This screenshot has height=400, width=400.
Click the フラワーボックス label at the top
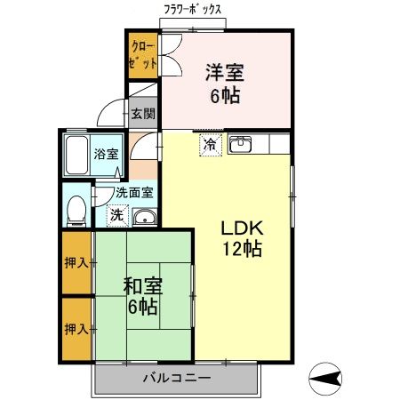coord(191,10)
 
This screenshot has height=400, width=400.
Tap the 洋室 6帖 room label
coord(225,82)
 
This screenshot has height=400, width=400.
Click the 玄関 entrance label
coord(142,114)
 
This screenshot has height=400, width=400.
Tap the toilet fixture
coord(77,211)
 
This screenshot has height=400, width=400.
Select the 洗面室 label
coord(134,191)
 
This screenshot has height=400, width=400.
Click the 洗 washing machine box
coord(116,214)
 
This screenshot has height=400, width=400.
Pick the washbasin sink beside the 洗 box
coord(145,217)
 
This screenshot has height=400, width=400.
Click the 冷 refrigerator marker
coord(210,144)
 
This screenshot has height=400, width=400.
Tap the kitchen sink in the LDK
coord(240,145)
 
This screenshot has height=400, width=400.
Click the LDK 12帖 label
coord(242,237)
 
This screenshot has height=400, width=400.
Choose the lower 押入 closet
coord(76,329)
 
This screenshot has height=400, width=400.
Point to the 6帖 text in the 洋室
coord(226,94)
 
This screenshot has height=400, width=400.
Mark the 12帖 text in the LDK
coord(242,250)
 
